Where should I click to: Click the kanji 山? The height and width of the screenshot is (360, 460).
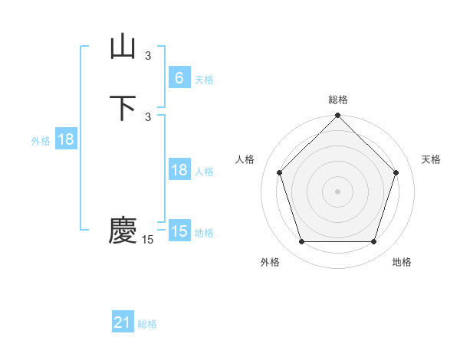tap(123, 47)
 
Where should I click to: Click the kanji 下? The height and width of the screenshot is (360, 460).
tap(123, 107)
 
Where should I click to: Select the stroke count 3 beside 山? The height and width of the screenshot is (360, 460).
tap(148, 55)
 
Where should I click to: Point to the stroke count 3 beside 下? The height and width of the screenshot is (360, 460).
tap(148, 116)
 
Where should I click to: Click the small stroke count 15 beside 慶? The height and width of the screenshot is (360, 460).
tap(148, 240)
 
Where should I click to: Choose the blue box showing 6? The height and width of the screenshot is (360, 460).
tap(179, 77)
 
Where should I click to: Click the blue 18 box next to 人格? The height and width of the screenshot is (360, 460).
tap(179, 170)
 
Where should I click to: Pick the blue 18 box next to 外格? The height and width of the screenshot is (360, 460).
tap(65, 139)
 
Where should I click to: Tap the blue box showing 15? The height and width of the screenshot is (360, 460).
tap(179, 231)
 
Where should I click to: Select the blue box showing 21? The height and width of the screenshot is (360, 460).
tap(123, 322)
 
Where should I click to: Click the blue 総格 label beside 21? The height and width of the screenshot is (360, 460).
tap(147, 324)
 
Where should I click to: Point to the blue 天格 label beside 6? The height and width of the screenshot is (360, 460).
tap(204, 79)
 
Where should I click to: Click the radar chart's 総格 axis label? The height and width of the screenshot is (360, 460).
tap(338, 100)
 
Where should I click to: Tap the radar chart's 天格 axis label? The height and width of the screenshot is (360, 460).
tap(431, 159)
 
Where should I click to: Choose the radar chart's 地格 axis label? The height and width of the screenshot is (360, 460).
tap(402, 262)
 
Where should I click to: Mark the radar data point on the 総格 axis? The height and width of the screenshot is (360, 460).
tap(338, 116)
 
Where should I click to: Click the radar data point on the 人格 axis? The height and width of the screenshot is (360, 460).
tap(280, 172)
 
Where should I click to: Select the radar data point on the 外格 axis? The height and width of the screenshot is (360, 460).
tap(302, 242)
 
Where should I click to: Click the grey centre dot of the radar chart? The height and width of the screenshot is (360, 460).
tap(338, 191)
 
